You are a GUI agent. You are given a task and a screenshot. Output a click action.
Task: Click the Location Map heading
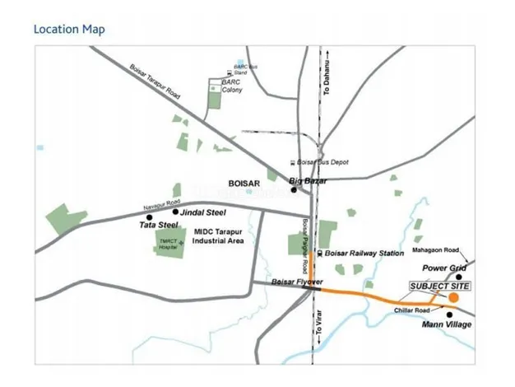(69, 30)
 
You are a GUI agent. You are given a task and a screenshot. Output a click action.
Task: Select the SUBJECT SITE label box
(433, 285)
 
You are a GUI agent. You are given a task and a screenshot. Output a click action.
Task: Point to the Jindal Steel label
(202, 212)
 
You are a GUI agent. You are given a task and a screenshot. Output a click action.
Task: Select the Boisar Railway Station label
(364, 254)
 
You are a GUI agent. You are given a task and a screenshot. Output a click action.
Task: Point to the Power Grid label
(445, 268)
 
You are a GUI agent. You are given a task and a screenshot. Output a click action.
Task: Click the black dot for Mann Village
(450, 314)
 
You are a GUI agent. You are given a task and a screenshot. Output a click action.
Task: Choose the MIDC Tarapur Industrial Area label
(220, 236)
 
